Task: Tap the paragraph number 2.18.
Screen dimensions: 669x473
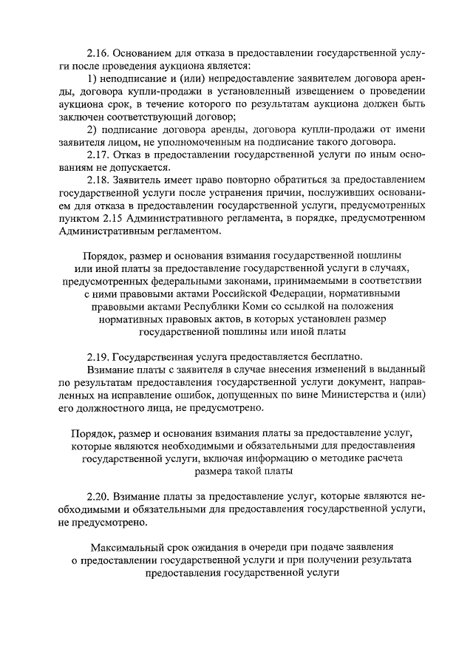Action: pyautogui.click(x=98, y=180)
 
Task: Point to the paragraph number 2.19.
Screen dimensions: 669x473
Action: pyautogui.click(x=98, y=355)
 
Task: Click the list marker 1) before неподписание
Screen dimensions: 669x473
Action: pyautogui.click(x=92, y=79)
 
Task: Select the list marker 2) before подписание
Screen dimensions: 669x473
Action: pyautogui.click(x=92, y=130)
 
